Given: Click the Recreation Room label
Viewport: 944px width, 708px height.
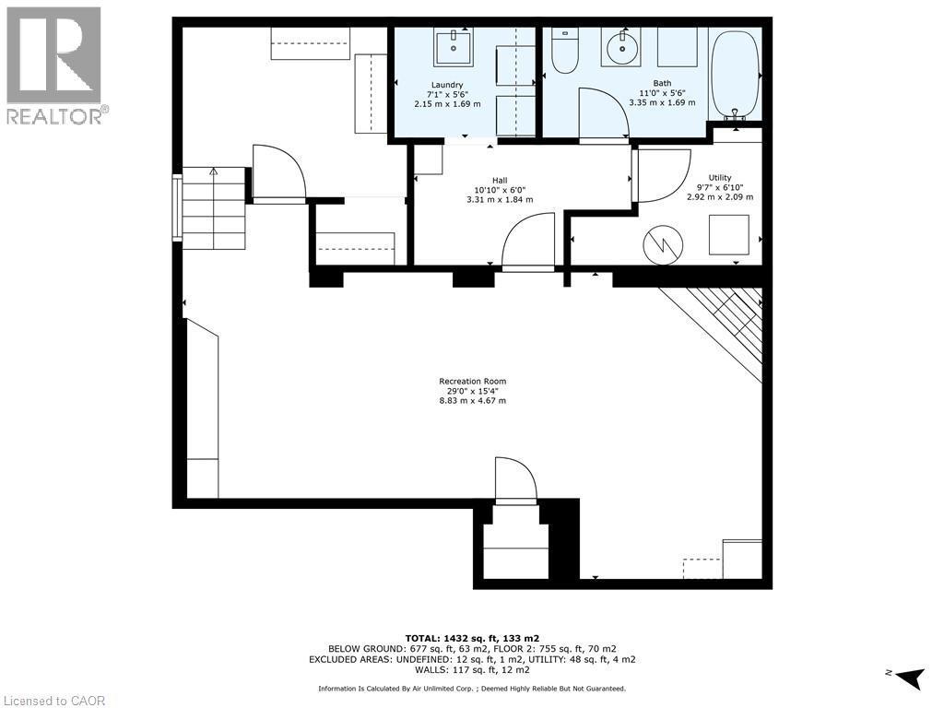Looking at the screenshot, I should tap(472, 381).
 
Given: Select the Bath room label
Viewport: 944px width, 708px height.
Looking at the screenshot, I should tap(662, 83).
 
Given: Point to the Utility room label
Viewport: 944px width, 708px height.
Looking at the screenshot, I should tap(720, 178).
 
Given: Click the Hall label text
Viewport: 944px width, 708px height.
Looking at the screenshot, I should tap(500, 181).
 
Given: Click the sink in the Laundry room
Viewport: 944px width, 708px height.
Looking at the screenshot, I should tap(454, 45).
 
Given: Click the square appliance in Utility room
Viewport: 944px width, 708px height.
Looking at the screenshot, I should tap(728, 234).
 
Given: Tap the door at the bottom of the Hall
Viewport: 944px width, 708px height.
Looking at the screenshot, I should tap(528, 242).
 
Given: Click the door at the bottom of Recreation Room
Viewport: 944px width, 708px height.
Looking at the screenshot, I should tap(515, 480).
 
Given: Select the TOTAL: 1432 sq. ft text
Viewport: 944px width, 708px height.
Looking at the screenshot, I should tap(472, 638).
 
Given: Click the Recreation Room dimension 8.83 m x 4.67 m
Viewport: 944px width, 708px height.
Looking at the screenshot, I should tap(472, 401).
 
